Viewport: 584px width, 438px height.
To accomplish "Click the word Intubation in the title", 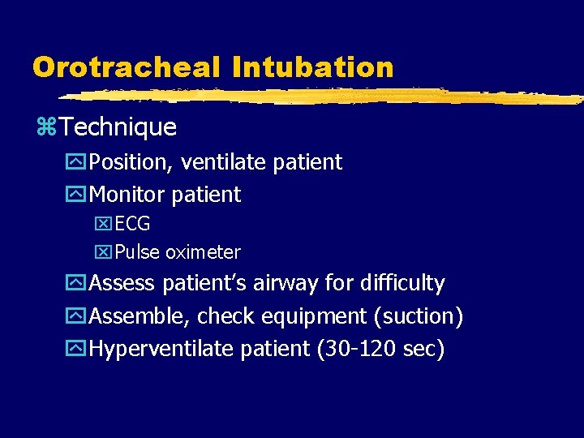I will coord(312,67).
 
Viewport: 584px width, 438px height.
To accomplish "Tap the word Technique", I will coord(118,127).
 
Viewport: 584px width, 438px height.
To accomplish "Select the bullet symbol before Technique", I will coord(45,127).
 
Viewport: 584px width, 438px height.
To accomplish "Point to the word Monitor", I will coord(124,195).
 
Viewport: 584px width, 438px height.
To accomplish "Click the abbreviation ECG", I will coord(132,224).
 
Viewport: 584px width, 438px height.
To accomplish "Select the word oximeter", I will coord(203,252).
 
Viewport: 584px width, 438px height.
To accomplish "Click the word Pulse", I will coord(137,252).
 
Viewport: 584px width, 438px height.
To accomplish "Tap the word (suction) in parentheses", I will coord(421,316).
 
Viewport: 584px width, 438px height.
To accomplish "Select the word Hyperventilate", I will coord(165,348).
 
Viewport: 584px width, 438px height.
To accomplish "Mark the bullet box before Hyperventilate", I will coord(77,349).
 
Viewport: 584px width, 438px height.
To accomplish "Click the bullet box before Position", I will coord(77,162).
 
